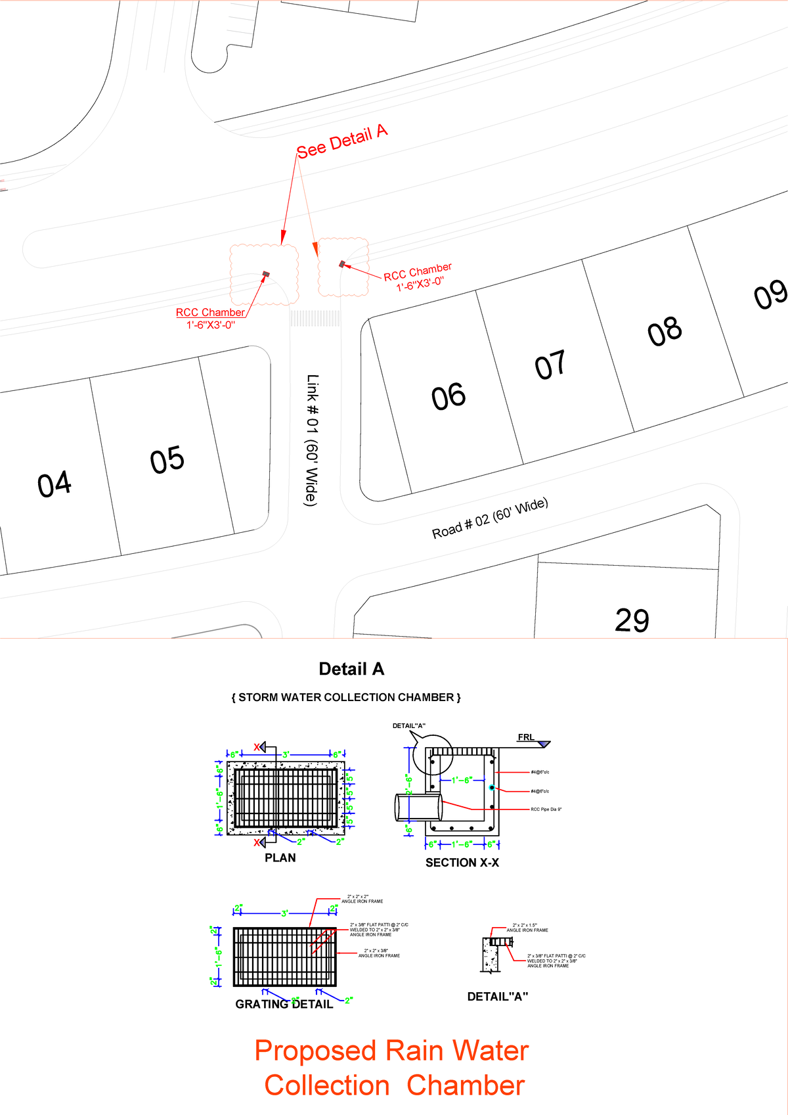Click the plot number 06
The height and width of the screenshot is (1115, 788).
[449, 397]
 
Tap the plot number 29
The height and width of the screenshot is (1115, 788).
[632, 620]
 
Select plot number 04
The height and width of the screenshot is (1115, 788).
[55, 484]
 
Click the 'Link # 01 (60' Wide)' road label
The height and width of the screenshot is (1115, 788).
[312, 440]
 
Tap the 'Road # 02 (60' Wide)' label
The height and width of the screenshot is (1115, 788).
[490, 518]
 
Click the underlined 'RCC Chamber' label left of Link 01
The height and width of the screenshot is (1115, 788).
[210, 313]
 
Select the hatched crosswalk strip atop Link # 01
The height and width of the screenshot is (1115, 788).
[315, 319]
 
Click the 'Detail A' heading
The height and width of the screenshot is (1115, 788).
[351, 669]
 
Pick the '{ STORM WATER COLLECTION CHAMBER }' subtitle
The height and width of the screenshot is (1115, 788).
[346, 697]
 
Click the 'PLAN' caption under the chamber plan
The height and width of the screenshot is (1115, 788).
[280, 857]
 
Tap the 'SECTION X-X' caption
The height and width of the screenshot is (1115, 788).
[462, 863]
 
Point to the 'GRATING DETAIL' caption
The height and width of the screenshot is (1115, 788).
[284, 1004]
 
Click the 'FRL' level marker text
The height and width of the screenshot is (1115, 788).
[526, 737]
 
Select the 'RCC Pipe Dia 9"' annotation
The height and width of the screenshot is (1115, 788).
[546, 809]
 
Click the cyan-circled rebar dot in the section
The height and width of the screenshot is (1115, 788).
[491, 787]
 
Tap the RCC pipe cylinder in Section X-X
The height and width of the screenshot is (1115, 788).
[418, 807]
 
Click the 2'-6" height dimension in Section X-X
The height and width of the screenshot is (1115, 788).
[408, 785]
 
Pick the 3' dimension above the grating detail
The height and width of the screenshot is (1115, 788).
[284, 913]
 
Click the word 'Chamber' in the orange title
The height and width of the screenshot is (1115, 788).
[466, 1085]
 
